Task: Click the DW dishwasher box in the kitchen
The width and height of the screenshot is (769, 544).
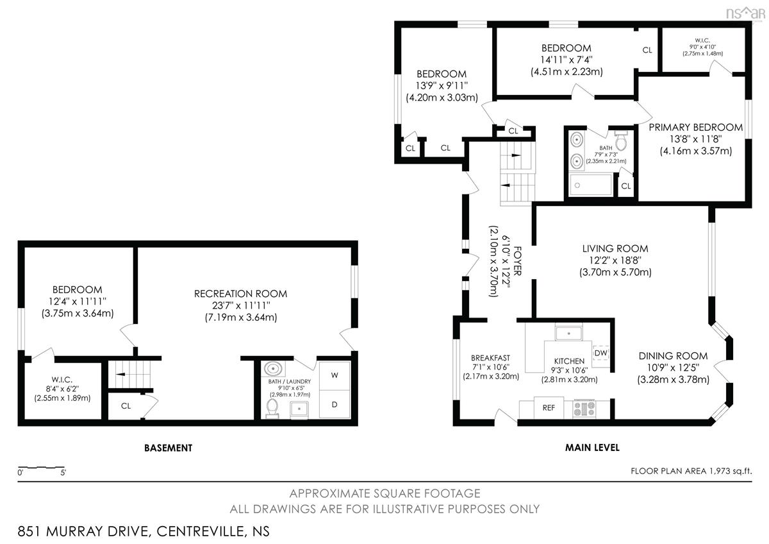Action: point(600,353)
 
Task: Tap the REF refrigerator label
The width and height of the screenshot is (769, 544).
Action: point(549,408)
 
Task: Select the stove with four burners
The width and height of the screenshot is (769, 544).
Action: point(584,409)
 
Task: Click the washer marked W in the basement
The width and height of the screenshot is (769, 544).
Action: point(335,376)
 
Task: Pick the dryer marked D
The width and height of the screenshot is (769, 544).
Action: point(335,405)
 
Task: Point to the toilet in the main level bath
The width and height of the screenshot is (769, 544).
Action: point(621,141)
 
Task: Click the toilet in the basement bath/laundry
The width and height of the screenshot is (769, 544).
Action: point(272,408)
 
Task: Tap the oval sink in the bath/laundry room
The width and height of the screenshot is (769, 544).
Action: point(273,369)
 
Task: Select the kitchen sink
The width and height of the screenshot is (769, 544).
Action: point(569,334)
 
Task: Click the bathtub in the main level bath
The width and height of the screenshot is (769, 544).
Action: point(590,185)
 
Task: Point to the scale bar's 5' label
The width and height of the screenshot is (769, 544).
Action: point(63,473)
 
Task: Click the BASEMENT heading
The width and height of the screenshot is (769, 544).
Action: point(168,448)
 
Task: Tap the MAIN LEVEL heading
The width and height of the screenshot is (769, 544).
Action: point(593,448)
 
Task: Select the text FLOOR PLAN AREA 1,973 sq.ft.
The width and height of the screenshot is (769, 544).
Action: point(691,471)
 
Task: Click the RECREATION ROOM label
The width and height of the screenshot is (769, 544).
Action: point(241,294)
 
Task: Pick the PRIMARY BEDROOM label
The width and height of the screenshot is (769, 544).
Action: point(695,128)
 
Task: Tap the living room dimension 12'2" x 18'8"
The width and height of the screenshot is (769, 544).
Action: point(615,260)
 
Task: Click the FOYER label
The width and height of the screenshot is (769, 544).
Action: point(517,261)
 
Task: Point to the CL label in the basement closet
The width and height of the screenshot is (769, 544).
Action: point(126,406)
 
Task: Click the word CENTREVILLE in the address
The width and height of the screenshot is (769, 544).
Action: point(200,531)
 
